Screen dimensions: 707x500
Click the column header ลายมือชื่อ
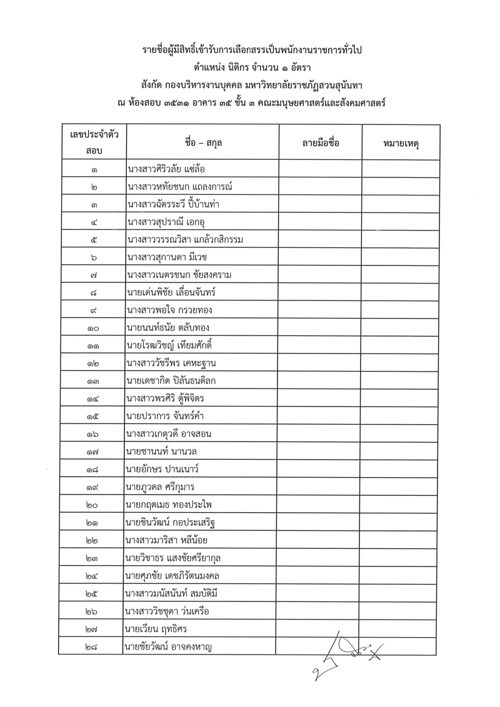coord(320,142)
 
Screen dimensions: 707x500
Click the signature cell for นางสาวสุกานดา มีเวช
coord(320,257)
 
